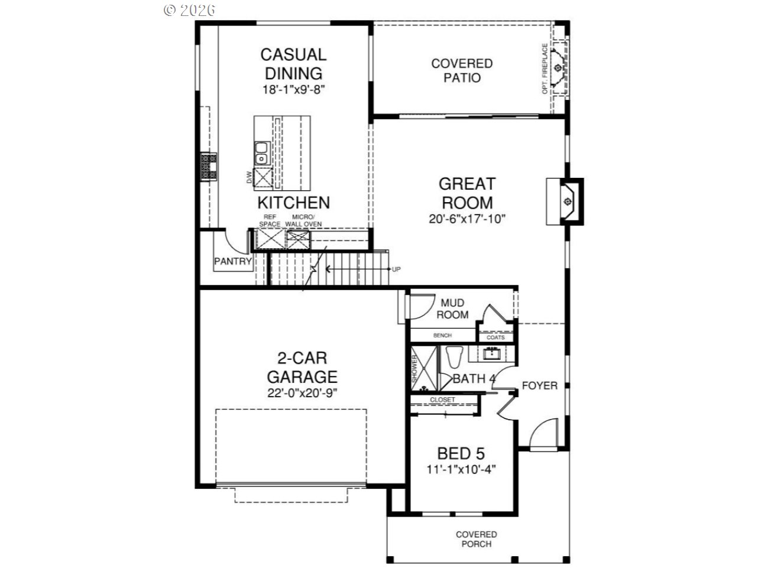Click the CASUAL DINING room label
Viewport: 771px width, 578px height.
tap(293, 64)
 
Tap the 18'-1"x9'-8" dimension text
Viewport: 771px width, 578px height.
tap(294, 89)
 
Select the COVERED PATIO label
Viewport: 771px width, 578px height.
tap(462, 70)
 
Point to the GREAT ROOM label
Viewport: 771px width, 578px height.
tap(467, 193)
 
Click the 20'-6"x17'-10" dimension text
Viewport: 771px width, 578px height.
tap(467, 219)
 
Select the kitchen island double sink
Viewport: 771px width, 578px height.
tap(261, 153)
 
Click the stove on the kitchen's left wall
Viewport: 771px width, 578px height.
tap(209, 166)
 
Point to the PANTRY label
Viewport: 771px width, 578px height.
tap(233, 261)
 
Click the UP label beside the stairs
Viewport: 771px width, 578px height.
tap(396, 269)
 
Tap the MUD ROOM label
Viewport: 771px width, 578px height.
tap(452, 309)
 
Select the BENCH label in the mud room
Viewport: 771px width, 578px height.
tap(442, 336)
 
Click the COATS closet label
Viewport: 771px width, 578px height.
tap(495, 337)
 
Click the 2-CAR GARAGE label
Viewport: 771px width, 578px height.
tap(302, 368)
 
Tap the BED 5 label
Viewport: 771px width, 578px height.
tap(461, 454)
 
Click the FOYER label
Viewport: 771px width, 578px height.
tap(539, 386)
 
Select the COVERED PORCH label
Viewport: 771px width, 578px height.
tap(476, 539)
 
